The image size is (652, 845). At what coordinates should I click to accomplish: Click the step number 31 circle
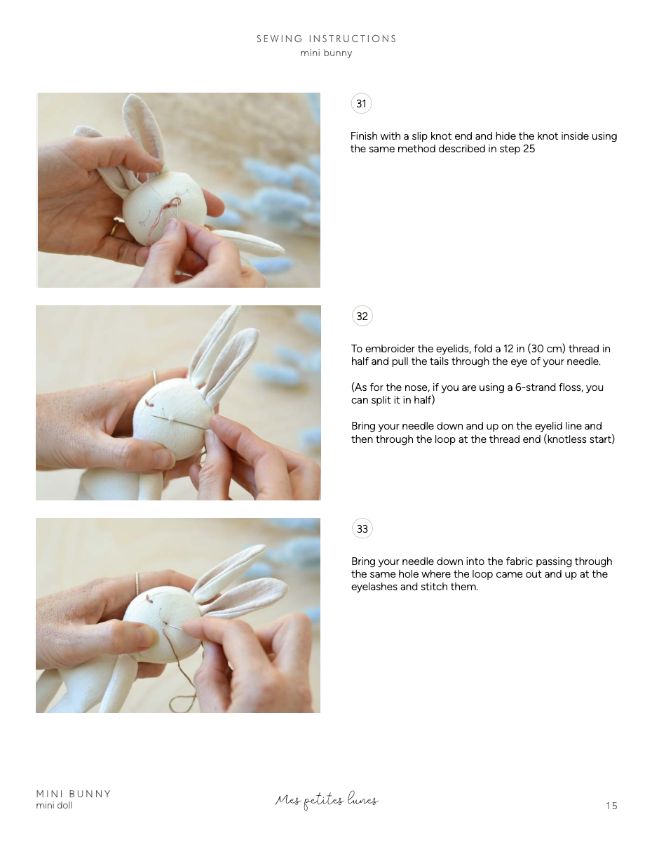[361, 104]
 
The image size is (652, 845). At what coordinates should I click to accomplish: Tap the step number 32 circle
[362, 317]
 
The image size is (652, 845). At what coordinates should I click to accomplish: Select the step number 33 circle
[362, 529]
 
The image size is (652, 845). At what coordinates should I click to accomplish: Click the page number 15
[611, 806]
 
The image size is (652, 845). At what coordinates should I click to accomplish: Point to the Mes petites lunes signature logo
[327, 800]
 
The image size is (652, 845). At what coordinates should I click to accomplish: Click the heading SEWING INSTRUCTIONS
[326, 39]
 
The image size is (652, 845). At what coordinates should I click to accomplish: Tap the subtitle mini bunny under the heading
[326, 53]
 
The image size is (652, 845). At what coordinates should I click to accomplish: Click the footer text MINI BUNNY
[74, 794]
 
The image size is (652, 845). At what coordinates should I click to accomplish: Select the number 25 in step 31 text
[529, 149]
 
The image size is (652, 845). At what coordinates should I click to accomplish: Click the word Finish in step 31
[365, 136]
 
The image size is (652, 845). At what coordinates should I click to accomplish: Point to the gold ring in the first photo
[114, 228]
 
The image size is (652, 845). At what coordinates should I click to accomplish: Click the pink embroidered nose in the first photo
[170, 208]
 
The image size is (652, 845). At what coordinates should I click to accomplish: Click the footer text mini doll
[54, 806]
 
